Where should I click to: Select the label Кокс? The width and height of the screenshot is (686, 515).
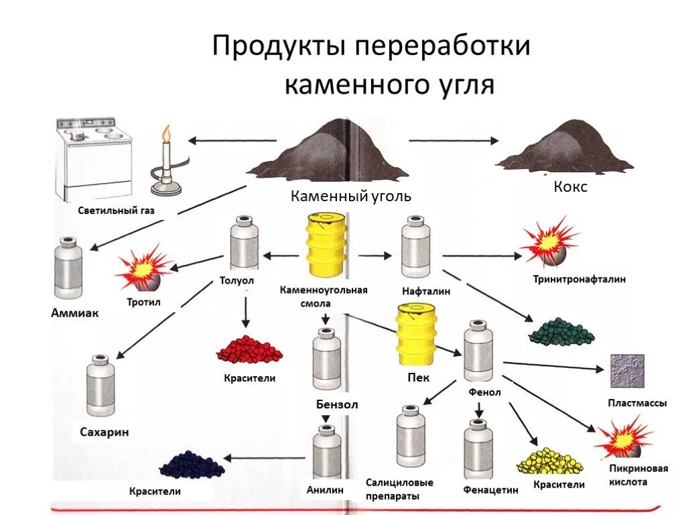570,187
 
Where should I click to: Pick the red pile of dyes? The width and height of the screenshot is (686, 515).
249,349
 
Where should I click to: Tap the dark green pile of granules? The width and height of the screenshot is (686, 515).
561,330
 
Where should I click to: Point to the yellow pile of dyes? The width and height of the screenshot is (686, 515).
549,461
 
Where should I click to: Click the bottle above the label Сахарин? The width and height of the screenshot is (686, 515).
100,387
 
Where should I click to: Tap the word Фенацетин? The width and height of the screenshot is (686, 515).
490,490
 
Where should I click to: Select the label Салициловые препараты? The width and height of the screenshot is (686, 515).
400,490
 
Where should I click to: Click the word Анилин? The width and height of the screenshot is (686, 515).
326,490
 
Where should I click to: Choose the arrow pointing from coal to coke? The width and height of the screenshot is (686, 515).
454,141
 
